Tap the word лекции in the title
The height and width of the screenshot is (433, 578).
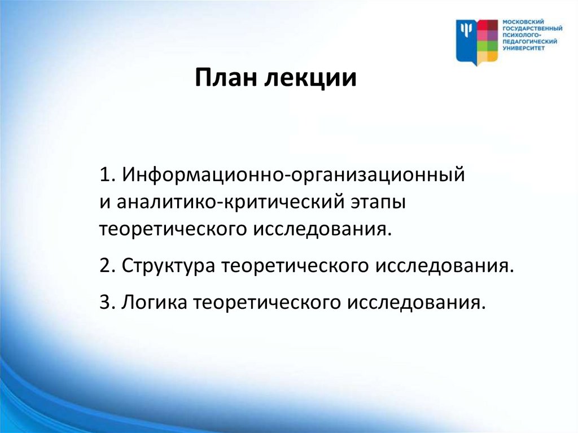[x=310, y=78]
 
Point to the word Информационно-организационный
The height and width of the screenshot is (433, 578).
[x=294, y=175]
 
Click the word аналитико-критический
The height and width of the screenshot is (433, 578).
[x=231, y=202]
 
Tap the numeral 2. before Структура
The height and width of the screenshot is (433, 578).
[x=108, y=265]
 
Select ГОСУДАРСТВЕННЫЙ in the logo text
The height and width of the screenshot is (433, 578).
[x=533, y=28]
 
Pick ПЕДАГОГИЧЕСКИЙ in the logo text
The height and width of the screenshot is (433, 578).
[x=530, y=42]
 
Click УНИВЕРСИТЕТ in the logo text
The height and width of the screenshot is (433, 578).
[x=523, y=49]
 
